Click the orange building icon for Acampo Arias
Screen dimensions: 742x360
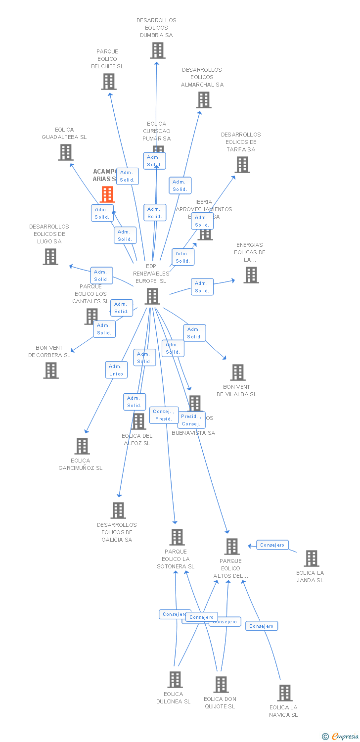[x=108, y=194]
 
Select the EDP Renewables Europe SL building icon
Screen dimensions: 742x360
[x=152, y=296]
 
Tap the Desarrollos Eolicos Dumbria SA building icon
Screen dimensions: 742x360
[x=158, y=50]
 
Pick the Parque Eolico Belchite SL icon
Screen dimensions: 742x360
[x=109, y=82]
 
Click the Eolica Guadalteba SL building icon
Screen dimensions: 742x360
[x=66, y=152]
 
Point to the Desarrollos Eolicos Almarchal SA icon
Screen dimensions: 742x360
[x=203, y=100]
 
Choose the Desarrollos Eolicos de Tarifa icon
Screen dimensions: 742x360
[x=242, y=165]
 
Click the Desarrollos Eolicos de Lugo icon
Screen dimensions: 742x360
[x=50, y=257]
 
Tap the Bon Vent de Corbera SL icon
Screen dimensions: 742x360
[x=51, y=371]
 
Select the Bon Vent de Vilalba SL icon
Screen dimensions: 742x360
[x=238, y=372]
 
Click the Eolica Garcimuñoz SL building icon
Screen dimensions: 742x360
[x=82, y=446]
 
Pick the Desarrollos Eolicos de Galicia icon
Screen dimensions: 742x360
[x=118, y=510]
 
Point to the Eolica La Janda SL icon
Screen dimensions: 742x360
[x=311, y=558]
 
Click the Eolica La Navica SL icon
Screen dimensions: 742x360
[x=285, y=693]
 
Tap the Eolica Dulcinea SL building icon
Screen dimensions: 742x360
[x=175, y=680]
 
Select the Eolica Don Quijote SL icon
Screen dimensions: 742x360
[x=221, y=685]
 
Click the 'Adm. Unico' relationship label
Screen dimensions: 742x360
[x=116, y=370]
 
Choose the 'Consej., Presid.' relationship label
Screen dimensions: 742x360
[x=163, y=415]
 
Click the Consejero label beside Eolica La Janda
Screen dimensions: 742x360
[x=272, y=545]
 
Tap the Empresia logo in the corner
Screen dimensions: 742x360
[x=341, y=737]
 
